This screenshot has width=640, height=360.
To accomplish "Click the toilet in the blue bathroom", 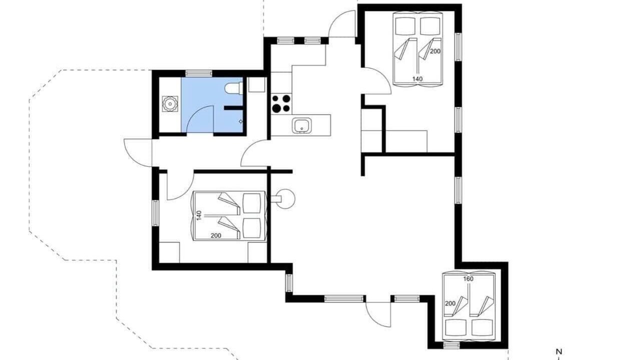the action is pos(234,88).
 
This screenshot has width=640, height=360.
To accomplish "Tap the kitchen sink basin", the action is pos(302,126).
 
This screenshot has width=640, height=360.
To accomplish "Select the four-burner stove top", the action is pos(281,103).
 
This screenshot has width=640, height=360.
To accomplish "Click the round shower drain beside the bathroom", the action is pos(170,103).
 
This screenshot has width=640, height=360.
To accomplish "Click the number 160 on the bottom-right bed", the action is pos(468,279).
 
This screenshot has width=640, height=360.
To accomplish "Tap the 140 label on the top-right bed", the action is pos(417,78).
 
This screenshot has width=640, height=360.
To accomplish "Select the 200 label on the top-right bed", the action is pos(435,51).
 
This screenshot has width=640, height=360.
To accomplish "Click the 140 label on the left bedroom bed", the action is pos(199,215).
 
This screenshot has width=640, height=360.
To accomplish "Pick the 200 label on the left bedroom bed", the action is pos(216,235).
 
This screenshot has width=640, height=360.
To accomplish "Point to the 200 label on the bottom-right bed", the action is pos(450,303).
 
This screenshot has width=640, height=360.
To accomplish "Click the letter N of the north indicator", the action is pos(559,351).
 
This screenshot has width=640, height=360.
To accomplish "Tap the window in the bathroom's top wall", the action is pos(199,73).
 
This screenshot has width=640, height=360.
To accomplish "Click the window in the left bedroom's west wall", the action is pos(155,213).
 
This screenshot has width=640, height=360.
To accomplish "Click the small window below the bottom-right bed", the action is pos(452,345).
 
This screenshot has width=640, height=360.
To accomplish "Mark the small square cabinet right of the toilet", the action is pos(257,84).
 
